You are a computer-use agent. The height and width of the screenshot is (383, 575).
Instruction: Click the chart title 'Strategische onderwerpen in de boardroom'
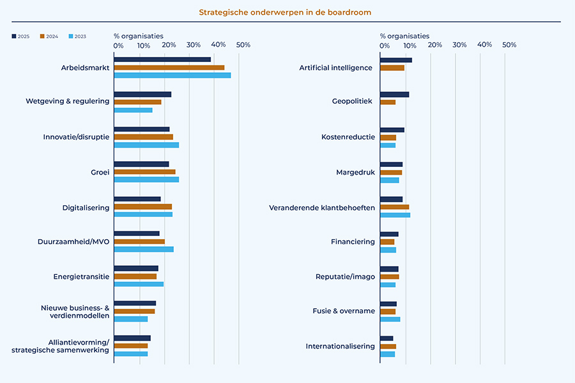[x=284, y=12]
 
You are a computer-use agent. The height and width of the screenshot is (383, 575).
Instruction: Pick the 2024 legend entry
[x=49, y=36]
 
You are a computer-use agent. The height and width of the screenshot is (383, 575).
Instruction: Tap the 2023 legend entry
[x=77, y=36]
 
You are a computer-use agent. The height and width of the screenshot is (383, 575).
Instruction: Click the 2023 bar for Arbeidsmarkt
[x=172, y=75]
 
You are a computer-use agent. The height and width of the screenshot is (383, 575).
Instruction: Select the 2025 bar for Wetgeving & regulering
[x=142, y=94]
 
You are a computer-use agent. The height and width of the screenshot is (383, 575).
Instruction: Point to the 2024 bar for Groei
[x=144, y=172]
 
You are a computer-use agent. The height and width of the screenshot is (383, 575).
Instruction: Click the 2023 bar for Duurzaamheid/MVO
[x=144, y=249]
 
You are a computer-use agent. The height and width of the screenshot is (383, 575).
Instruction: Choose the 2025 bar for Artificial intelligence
[x=396, y=60]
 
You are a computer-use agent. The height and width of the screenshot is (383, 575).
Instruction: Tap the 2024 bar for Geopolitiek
[x=388, y=102]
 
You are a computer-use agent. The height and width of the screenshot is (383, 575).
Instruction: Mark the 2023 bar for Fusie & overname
[x=390, y=319]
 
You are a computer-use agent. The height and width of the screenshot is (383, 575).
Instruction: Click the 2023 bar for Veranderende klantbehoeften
[x=395, y=215]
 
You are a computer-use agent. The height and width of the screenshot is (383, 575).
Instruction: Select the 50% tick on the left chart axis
[x=243, y=45]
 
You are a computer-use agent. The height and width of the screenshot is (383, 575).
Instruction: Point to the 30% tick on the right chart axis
[x=459, y=45]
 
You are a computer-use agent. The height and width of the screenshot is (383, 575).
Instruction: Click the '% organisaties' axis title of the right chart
[x=404, y=36]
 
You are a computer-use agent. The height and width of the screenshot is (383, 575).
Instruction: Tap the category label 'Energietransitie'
[x=81, y=277]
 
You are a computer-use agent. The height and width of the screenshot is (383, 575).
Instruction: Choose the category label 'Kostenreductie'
[x=348, y=137]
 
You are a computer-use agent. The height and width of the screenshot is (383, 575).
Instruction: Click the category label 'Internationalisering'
[x=340, y=347]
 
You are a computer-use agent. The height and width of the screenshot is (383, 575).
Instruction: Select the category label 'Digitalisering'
[x=86, y=207]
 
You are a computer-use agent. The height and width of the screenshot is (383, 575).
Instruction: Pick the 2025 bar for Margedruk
[x=391, y=164]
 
